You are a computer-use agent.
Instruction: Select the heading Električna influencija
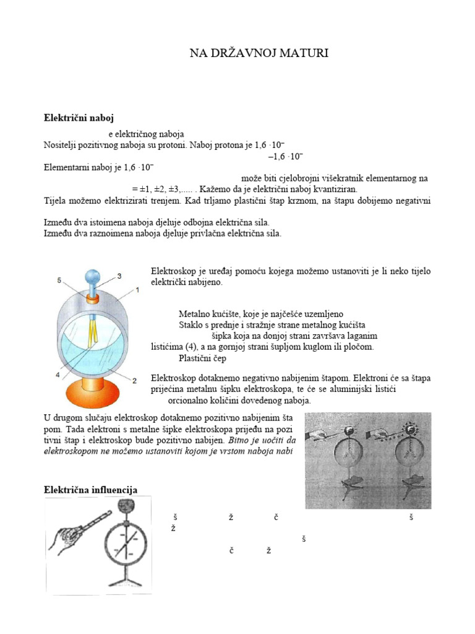click(90, 490)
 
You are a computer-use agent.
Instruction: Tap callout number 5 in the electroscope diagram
click(60, 280)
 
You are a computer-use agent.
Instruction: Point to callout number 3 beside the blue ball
click(119, 276)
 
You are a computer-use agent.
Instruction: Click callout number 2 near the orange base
click(134, 380)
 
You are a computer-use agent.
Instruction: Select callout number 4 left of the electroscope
click(58, 375)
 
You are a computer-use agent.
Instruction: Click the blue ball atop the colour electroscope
click(93, 274)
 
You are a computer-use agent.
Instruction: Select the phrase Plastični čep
click(201, 358)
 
